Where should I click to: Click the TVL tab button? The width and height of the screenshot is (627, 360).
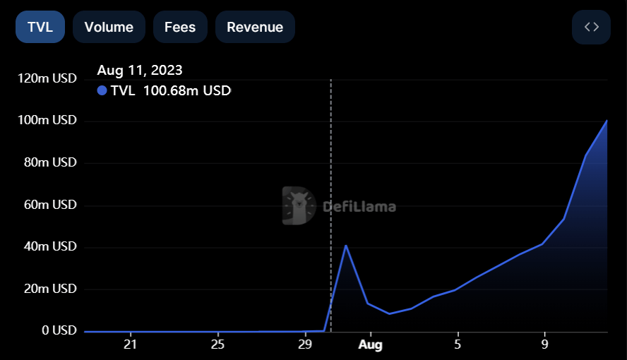pos(40,28)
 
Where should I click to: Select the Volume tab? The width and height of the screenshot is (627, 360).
pos(109,28)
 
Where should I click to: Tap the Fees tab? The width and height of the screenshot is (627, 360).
pos(180,28)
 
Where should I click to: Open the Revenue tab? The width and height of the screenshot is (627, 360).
pos(255,28)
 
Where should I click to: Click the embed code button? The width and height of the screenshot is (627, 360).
pos(592,28)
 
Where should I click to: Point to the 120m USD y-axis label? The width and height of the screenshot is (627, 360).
pos(48,78)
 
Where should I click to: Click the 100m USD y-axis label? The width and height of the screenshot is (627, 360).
pos(48,121)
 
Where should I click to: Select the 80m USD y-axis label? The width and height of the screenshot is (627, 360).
pos(51,162)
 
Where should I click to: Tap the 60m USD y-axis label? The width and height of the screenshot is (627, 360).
pos(51,205)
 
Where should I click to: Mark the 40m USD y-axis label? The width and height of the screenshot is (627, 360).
pos(51,246)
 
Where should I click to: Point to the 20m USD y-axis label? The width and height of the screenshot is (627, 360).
pos(51,289)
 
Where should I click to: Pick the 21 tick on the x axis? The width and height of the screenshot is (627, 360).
pos(130,345)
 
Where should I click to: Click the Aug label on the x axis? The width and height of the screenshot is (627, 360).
pos(370,345)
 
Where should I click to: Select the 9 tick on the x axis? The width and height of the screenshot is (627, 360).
pos(545,345)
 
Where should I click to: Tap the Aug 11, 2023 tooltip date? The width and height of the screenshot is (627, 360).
pos(140,70)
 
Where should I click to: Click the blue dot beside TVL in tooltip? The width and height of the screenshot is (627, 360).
pos(102,90)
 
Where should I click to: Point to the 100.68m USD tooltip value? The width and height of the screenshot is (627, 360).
pos(187,90)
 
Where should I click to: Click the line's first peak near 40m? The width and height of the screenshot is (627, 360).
pos(346,246)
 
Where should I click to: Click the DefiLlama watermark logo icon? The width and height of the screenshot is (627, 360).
pos(298,206)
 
